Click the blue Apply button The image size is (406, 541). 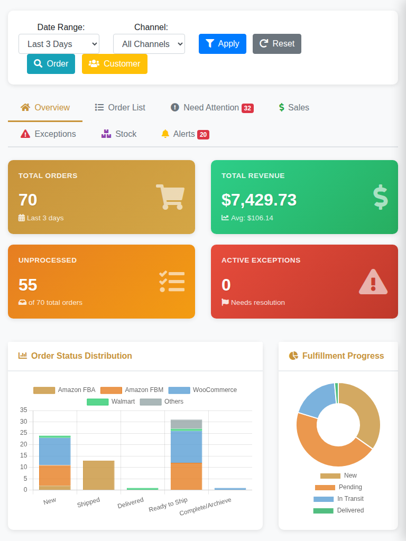pos(222,44)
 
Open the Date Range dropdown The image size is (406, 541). pos(59,44)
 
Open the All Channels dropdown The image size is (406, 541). pos(149,44)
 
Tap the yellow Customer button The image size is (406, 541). pos(114,64)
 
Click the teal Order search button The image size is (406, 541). pos(51,64)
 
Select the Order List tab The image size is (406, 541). pos(120,108)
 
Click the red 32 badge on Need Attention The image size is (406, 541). pos(247,108)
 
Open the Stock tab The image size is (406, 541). pos(119,134)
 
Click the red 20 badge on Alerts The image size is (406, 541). pos(203,135)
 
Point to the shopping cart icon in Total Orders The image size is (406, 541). pos(170,197)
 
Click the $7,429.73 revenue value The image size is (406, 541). pos(259,200)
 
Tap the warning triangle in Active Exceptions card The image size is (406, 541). pos(373,282)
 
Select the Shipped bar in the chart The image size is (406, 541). pos(98,475)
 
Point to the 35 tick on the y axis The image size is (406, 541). pos(23,410)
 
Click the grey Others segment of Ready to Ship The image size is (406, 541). pos(186,424)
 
